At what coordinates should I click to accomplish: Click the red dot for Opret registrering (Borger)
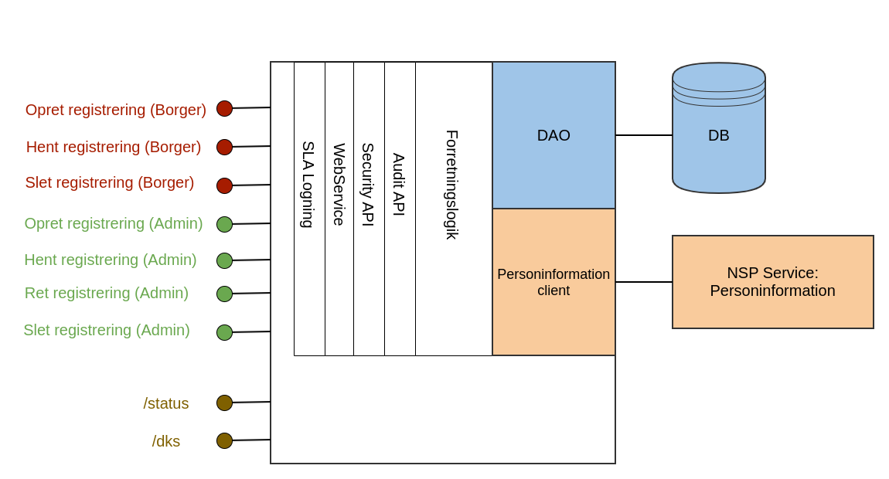tap(224, 108)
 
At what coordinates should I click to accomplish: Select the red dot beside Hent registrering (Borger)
tap(224, 147)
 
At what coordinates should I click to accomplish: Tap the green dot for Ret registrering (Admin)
tap(224, 294)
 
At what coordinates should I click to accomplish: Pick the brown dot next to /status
tap(224, 403)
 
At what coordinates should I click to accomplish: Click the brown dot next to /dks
tap(224, 440)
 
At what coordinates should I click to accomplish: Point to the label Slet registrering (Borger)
tap(110, 183)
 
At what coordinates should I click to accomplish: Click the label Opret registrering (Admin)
tap(114, 223)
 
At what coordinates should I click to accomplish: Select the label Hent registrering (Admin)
tap(111, 260)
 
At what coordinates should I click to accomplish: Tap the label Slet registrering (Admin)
tap(107, 330)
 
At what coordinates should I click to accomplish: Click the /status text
tap(166, 403)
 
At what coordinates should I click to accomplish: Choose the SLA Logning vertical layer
tap(308, 185)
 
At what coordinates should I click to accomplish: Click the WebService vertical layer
tap(339, 185)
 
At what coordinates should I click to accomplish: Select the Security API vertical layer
tap(369, 185)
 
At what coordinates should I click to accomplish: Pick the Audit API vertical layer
tap(400, 185)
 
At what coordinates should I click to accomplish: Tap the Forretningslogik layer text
tap(452, 185)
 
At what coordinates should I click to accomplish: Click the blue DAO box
tap(553, 135)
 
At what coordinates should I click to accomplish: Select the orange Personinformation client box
tap(553, 282)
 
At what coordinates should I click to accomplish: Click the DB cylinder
tap(719, 135)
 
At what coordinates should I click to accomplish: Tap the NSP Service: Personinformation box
tap(773, 282)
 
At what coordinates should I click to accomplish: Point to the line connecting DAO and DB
tap(644, 135)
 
